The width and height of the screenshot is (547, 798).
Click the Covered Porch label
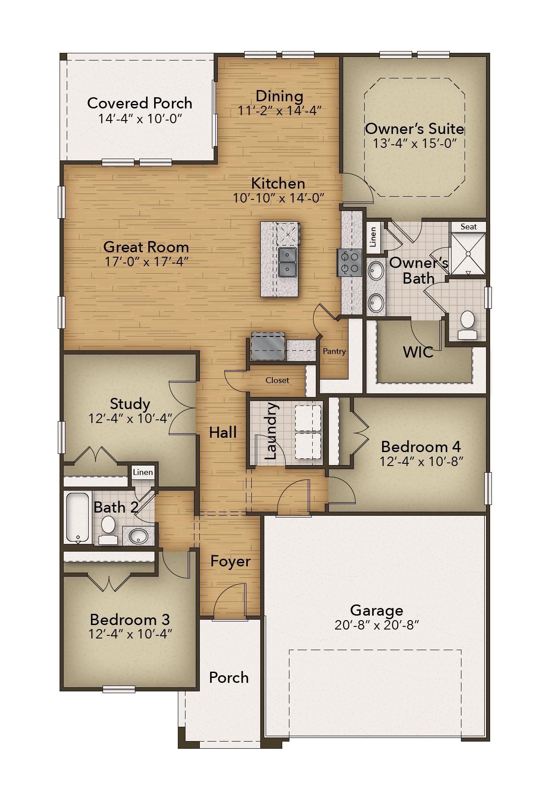coord(140,103)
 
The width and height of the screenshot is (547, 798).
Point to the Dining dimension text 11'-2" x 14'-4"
coord(280,110)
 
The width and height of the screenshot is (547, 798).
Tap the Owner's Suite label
coord(414,129)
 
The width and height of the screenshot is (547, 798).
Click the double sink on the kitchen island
coord(287,262)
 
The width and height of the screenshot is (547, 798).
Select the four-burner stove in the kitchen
coord(349,263)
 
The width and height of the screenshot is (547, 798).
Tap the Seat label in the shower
coord(469,227)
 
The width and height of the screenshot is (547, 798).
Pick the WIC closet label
coord(418,352)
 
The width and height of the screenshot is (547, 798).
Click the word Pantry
coord(334,351)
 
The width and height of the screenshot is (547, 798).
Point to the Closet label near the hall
coord(277,380)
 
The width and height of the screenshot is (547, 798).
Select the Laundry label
coord(271,431)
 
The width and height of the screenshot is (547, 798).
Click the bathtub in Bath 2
coord(78,518)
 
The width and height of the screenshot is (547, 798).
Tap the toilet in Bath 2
coord(108,530)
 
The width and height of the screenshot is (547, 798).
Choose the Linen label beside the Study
coord(143,472)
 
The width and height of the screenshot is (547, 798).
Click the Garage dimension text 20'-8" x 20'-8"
coord(376,625)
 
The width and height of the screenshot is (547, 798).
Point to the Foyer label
coord(230,561)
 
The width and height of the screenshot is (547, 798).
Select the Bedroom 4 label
coord(421,447)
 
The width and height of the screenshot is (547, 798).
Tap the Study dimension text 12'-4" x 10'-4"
coord(130,418)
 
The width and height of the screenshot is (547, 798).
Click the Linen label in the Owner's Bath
coord(373,237)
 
